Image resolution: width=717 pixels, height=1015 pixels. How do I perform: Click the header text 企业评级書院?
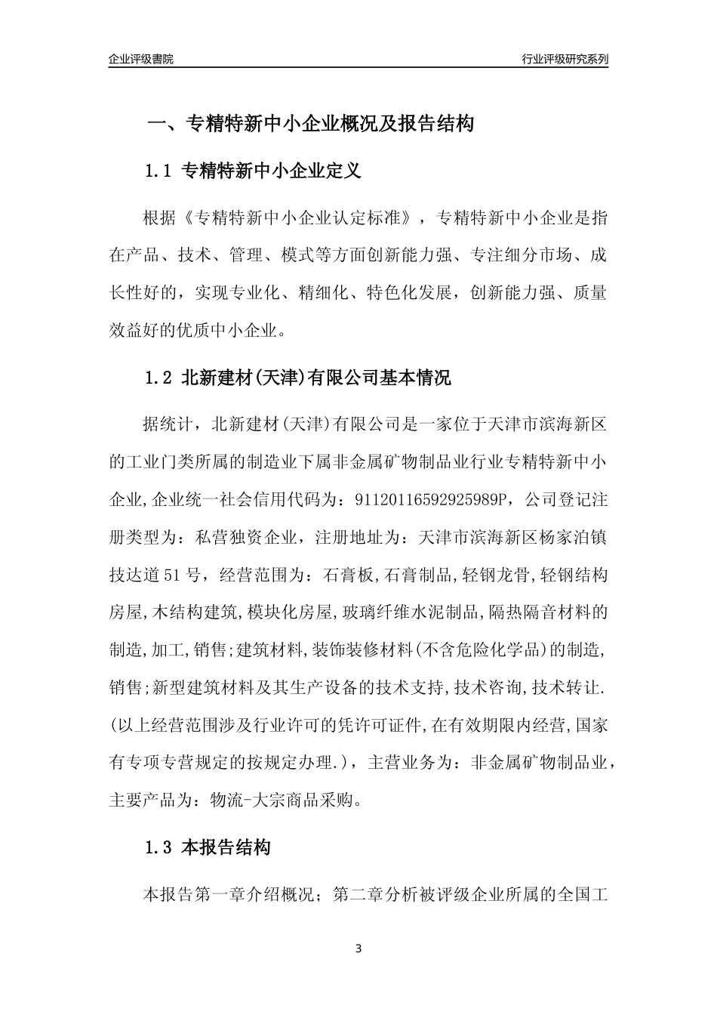pyautogui.click(x=141, y=59)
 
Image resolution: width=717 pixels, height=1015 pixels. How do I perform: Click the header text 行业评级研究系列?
pyautogui.click(x=565, y=59)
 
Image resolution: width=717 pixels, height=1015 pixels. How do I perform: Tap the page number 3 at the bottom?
pyautogui.click(x=358, y=949)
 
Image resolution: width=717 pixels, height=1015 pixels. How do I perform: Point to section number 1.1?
pyautogui.click(x=159, y=171)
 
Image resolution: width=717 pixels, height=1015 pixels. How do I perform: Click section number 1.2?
pyautogui.click(x=159, y=378)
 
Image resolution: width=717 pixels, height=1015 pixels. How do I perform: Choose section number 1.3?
pyautogui.click(x=159, y=848)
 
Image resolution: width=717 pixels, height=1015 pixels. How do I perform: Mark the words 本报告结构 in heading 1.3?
pyautogui.click(x=226, y=848)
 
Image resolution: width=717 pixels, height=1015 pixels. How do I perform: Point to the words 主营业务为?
pyautogui.click(x=410, y=763)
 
